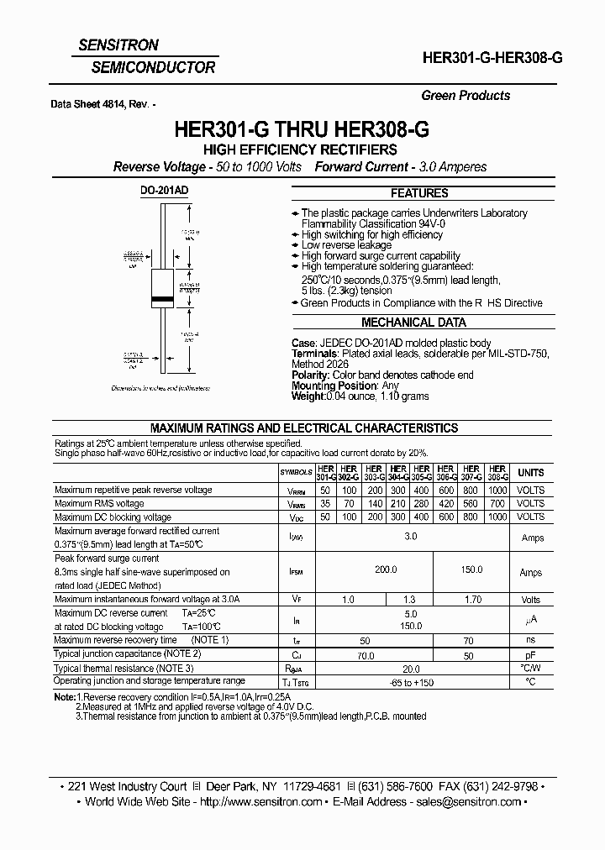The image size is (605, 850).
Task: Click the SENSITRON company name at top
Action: (x=124, y=45)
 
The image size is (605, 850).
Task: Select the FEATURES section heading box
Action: (x=419, y=192)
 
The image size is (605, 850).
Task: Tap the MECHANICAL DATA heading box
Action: (x=413, y=323)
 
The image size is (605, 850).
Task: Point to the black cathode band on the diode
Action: (x=162, y=299)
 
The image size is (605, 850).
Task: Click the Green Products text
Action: (x=466, y=96)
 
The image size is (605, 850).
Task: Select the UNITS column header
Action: (x=530, y=473)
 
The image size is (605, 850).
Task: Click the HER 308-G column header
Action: (x=497, y=473)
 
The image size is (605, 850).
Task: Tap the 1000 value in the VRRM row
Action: (x=497, y=490)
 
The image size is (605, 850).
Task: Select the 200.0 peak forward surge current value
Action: (x=386, y=569)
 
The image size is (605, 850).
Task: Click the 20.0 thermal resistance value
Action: (x=410, y=669)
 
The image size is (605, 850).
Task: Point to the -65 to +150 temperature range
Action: (x=410, y=682)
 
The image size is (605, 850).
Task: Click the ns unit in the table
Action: (x=530, y=641)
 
